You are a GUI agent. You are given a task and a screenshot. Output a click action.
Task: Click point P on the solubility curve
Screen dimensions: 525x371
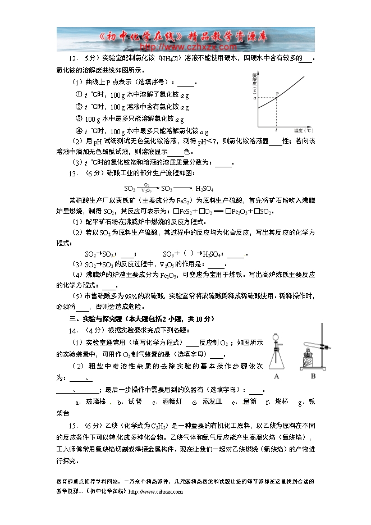tap(276, 98)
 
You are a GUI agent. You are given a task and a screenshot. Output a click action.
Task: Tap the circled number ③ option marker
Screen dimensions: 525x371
tap(79, 119)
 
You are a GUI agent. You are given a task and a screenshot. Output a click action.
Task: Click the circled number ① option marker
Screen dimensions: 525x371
tap(79, 94)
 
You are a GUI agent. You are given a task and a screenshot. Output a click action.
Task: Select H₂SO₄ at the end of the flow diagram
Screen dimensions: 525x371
tap(204, 189)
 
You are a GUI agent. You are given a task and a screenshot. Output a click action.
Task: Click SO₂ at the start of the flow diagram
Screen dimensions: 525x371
tap(130, 189)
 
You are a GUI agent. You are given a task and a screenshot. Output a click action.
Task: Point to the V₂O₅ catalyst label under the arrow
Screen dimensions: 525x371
tap(146, 191)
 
